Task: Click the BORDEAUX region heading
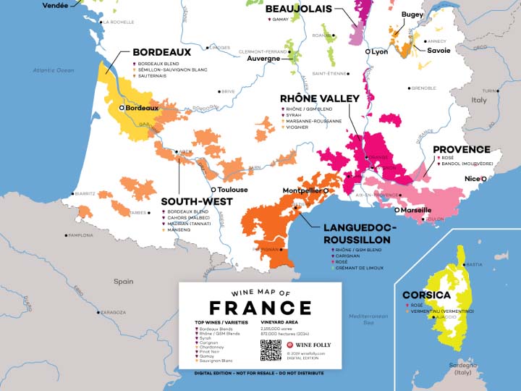(161, 53)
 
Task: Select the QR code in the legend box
(270, 350)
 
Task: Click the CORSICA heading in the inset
(426, 295)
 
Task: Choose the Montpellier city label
(301, 190)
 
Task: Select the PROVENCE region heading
(461, 150)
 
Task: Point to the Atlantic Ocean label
(54, 70)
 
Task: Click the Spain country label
(123, 281)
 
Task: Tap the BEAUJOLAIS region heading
(299, 9)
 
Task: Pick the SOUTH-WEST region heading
(196, 201)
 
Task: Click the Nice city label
(472, 178)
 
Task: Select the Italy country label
(479, 100)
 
